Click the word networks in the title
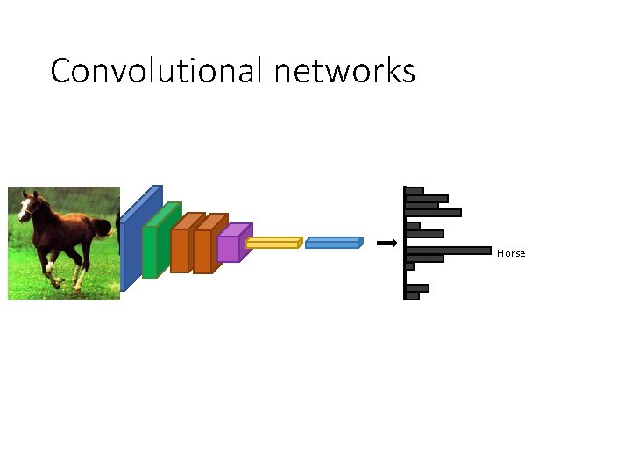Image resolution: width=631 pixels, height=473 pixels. click(x=344, y=70)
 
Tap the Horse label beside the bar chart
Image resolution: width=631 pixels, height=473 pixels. click(x=511, y=253)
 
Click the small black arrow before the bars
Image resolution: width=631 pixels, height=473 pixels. click(x=386, y=244)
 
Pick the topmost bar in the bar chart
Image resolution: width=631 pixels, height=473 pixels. click(x=415, y=191)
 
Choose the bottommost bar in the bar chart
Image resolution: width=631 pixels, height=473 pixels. click(x=412, y=296)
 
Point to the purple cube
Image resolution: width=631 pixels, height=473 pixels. click(x=230, y=248)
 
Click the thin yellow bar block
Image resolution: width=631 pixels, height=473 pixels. click(x=272, y=244)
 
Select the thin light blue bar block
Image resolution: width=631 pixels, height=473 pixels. click(x=332, y=243)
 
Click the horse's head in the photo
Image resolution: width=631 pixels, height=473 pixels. click(x=27, y=208)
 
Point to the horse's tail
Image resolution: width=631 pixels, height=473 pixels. click(x=103, y=229)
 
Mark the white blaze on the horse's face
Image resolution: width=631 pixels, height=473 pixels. click(x=24, y=210)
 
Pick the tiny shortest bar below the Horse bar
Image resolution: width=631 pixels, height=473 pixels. click(x=409, y=266)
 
